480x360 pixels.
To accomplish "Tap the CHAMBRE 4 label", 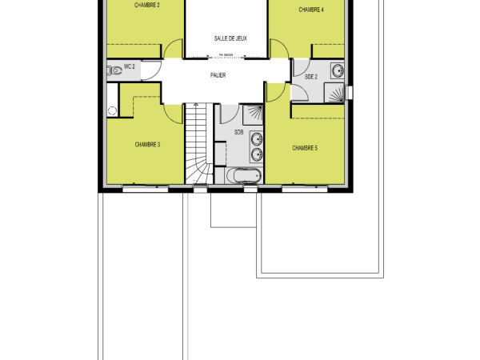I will click(x=311, y=10).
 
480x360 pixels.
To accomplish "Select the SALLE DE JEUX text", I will click(x=230, y=38).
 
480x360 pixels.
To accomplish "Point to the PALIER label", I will click(x=218, y=76).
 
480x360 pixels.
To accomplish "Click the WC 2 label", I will click(x=129, y=68).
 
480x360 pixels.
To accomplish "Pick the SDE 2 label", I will click(x=312, y=76).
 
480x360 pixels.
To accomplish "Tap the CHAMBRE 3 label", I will click(x=148, y=145).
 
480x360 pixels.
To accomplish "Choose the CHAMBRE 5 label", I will click(x=305, y=148).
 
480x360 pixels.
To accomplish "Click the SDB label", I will click(x=239, y=132).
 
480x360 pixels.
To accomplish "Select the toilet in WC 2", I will click(x=114, y=70).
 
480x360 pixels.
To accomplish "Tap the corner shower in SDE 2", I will click(x=338, y=93).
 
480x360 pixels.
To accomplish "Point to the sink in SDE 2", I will click(x=338, y=70).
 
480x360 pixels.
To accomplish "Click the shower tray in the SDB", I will click(x=252, y=114).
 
